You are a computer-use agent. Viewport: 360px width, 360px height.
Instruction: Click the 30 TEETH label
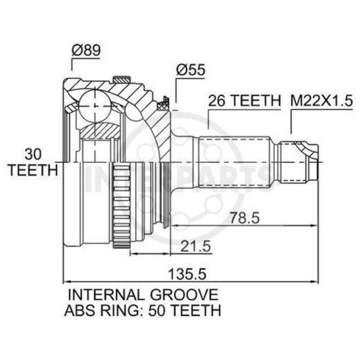coord(33,162)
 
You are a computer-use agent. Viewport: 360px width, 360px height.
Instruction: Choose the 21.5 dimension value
coord(195,246)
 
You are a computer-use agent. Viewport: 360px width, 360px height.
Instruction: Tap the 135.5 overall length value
coord(187,274)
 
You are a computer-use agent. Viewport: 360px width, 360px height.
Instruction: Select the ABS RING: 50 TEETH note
coord(143,310)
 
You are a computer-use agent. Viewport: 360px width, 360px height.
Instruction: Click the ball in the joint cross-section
coord(95,106)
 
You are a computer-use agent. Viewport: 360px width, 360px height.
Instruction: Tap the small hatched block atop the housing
coord(121,80)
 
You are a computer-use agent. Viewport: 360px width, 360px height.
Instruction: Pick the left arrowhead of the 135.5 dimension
coord(67,282)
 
